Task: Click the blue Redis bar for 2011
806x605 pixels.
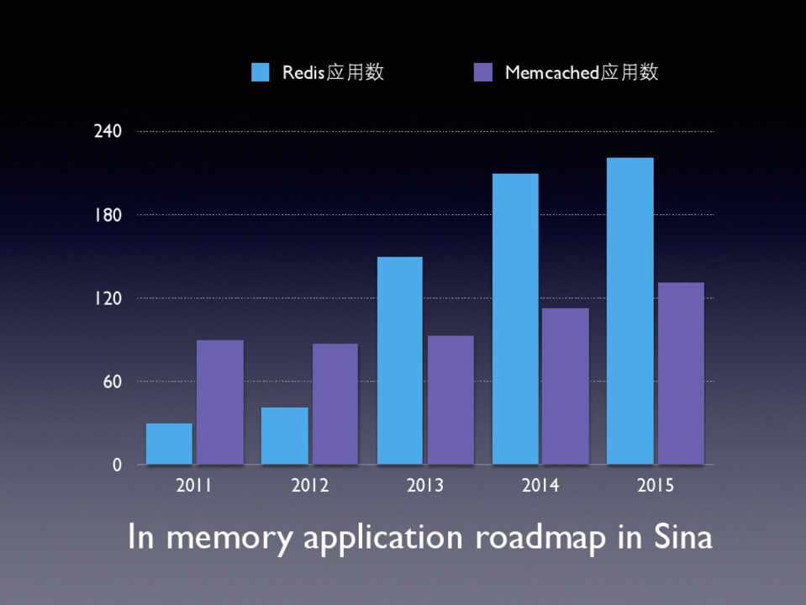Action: point(169,444)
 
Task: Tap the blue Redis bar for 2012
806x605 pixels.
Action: point(285,435)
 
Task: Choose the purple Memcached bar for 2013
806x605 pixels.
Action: point(450,400)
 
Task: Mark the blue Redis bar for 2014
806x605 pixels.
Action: point(515,318)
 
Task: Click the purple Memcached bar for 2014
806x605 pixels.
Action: point(566,386)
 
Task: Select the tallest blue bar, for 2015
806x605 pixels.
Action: point(630,311)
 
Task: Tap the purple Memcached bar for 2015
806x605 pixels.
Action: point(681,373)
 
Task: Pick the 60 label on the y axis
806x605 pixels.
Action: point(113,381)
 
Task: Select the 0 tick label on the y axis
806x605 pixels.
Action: point(117,465)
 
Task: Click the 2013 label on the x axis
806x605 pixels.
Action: point(425,486)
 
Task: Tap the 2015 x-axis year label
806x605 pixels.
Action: point(656,486)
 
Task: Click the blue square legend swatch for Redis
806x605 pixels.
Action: point(261,72)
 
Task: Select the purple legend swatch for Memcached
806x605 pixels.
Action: point(483,72)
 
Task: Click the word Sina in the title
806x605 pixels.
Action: point(681,536)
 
